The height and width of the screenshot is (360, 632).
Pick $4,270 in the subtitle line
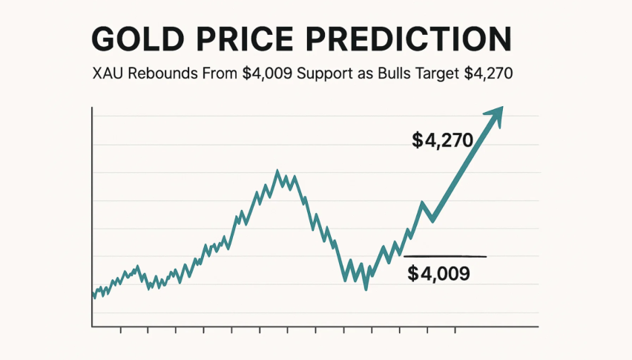[490, 74]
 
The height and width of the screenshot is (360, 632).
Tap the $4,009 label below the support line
[438, 273]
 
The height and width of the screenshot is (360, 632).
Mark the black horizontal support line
[445, 256]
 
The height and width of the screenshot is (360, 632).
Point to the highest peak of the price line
[277, 171]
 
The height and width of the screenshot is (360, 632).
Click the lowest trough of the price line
[366, 288]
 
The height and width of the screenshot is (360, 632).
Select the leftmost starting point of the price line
[93, 295]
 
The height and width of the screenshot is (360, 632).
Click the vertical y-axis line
[91, 215]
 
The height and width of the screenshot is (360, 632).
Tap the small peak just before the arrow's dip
[422, 203]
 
